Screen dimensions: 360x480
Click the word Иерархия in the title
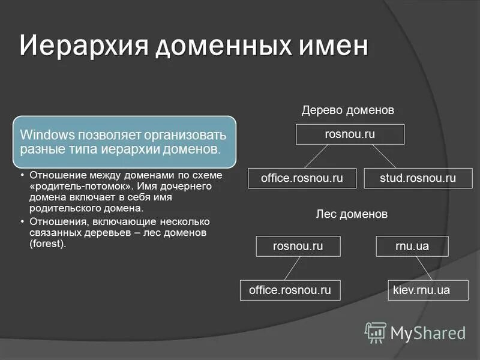point(85,47)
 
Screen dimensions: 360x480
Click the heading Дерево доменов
point(347,111)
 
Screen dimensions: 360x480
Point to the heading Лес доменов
point(352,214)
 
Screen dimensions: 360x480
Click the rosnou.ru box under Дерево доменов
point(350,134)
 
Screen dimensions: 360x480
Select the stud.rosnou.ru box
point(418,178)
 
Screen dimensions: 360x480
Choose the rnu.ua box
point(412,246)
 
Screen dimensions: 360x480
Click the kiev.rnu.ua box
point(421,290)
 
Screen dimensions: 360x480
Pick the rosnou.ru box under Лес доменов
point(298,246)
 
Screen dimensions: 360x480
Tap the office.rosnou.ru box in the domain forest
point(290,290)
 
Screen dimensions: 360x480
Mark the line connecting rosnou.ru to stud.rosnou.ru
point(384,156)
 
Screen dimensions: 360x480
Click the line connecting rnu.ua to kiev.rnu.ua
point(424,268)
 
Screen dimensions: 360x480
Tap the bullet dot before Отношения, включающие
point(22,221)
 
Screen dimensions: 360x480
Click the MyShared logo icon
point(376,332)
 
